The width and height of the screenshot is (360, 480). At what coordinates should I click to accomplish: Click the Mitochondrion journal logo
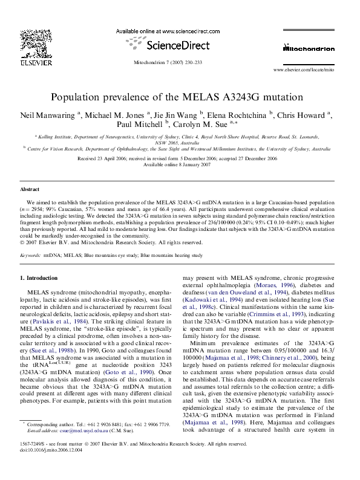point(309,48)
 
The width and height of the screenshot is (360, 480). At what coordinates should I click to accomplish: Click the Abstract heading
point(30,189)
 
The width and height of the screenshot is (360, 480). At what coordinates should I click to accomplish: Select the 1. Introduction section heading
point(39,277)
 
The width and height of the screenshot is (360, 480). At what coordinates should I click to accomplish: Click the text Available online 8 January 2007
point(180,164)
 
